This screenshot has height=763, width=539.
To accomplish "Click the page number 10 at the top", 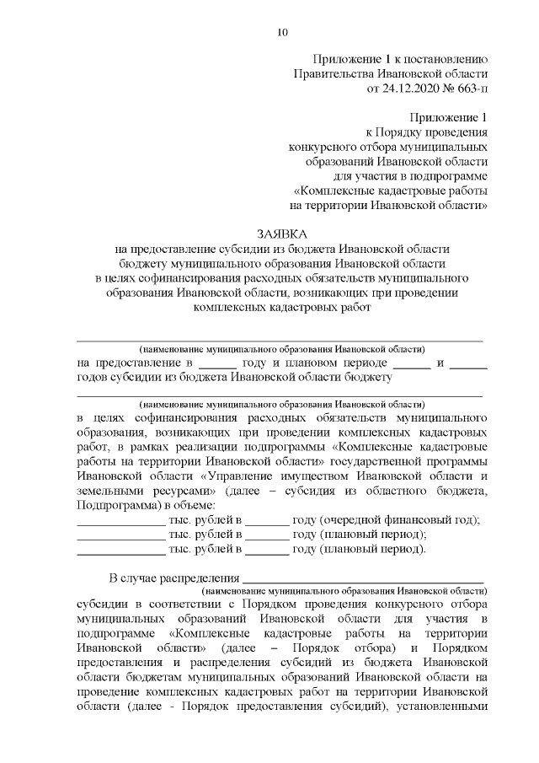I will [282, 33].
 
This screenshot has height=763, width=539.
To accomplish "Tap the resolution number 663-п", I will [469, 88].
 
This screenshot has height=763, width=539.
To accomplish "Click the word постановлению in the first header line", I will [445, 58].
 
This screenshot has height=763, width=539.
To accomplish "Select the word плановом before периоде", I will [311, 363].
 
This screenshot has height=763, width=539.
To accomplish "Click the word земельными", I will [109, 490].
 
